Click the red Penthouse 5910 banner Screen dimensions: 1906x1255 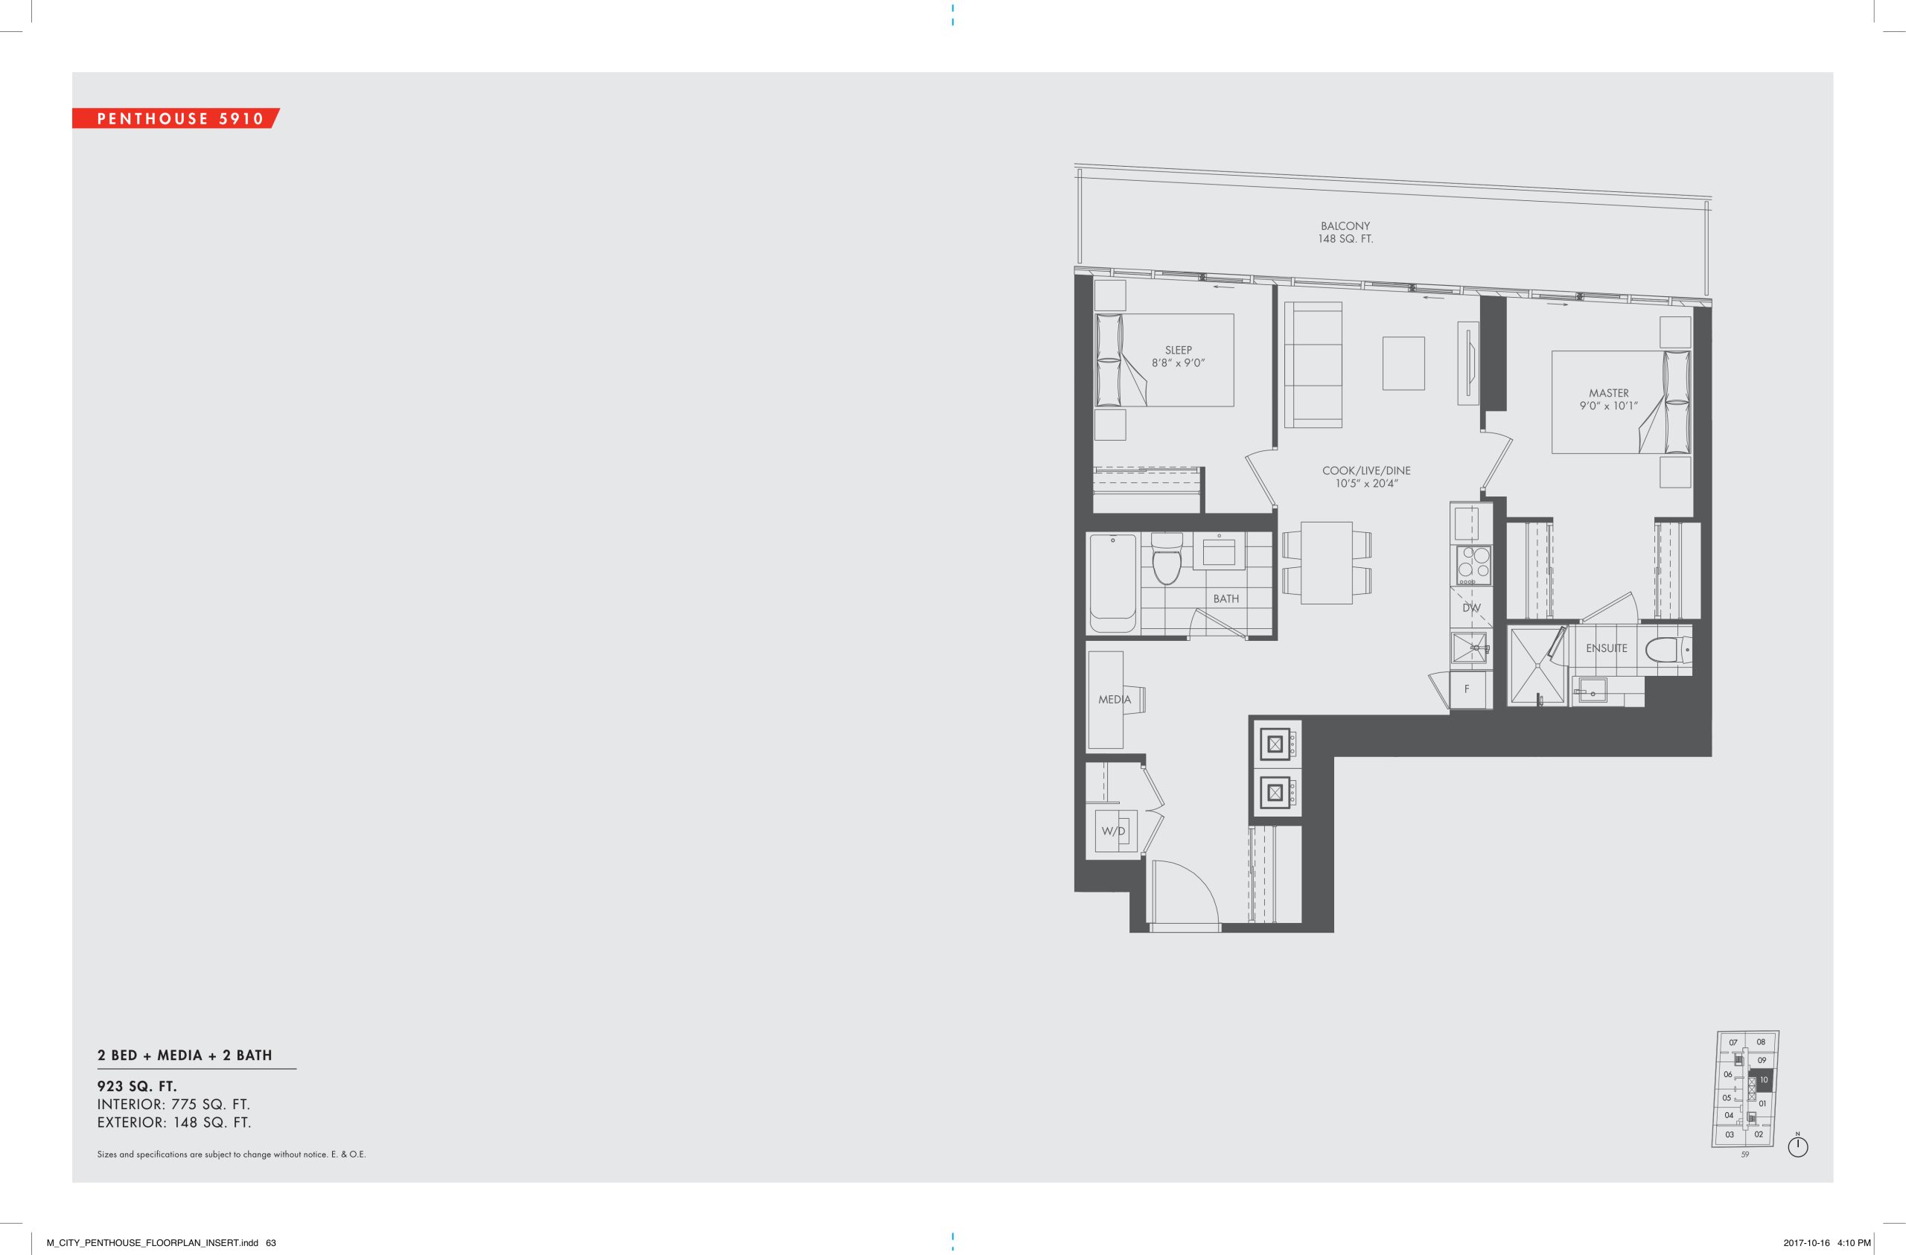(x=176, y=118)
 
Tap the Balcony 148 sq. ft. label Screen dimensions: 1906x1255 (x=1345, y=232)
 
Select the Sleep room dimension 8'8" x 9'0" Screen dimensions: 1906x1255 (x=1178, y=363)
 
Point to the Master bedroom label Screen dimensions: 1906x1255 (x=1609, y=393)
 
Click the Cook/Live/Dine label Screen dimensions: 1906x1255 (x=1366, y=470)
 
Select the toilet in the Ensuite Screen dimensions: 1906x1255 (x=1669, y=650)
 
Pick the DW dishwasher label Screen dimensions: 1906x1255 (x=1471, y=608)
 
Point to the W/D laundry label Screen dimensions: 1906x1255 (x=1113, y=831)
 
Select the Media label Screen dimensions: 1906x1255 (x=1114, y=699)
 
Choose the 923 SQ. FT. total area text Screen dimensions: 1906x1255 (x=137, y=1087)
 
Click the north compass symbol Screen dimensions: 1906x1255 (x=1798, y=1147)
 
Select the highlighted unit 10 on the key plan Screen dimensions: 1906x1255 (x=1762, y=1080)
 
